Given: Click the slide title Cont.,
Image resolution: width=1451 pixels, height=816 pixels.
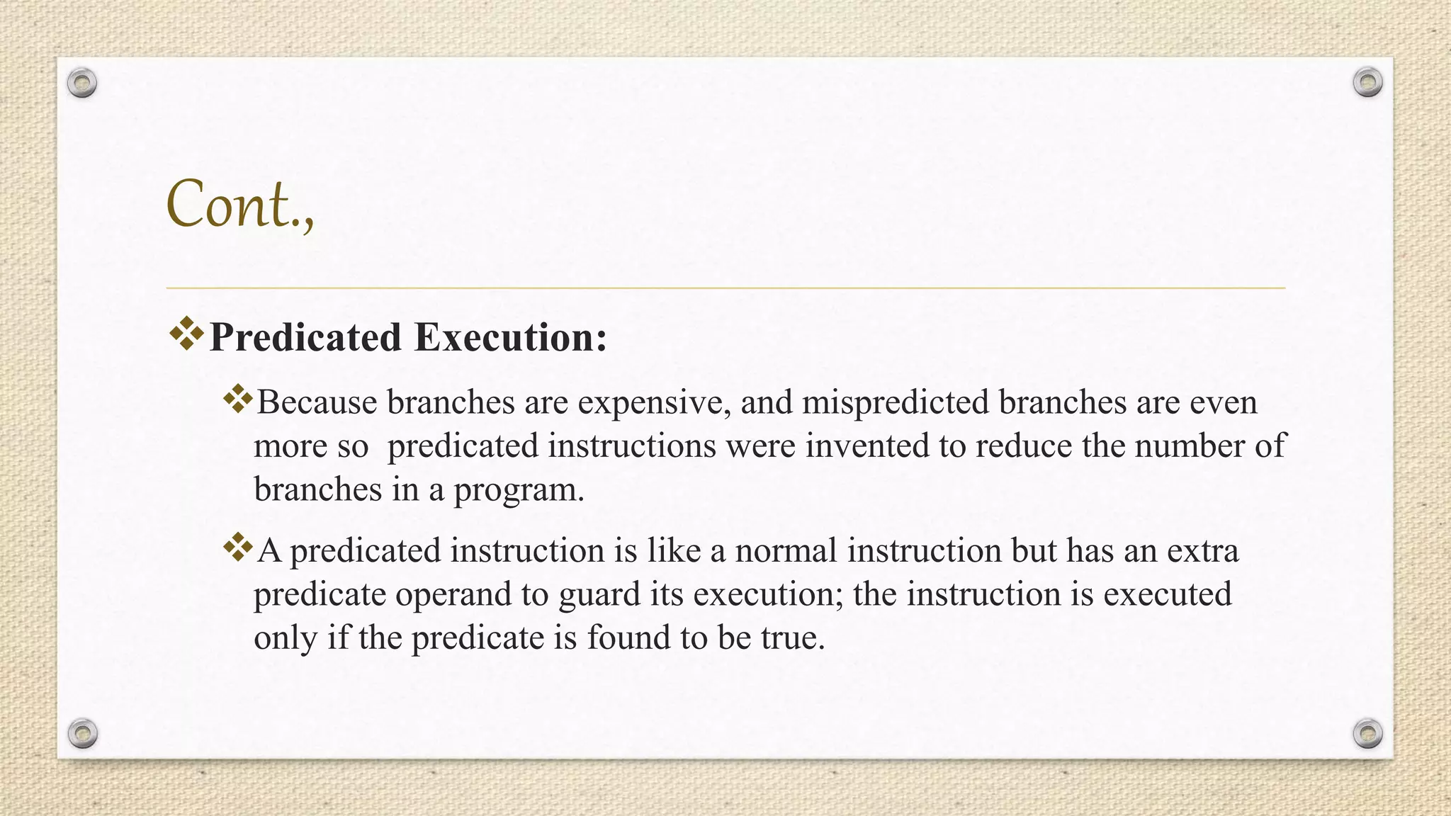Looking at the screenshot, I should [239, 205].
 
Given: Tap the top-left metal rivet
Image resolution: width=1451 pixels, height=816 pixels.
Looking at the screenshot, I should [82, 84].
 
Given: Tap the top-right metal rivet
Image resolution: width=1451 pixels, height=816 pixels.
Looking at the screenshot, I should [1367, 83].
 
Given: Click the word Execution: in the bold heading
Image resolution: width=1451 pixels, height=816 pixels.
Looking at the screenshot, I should [511, 337].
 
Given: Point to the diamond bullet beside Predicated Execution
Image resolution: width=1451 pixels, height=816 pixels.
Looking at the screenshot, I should [186, 334].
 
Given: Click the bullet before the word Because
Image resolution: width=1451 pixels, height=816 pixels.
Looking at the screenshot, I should [238, 399].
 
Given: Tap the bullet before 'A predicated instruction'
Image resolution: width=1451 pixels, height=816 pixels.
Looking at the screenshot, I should [238, 548].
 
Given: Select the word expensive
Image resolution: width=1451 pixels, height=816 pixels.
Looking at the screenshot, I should [654, 403].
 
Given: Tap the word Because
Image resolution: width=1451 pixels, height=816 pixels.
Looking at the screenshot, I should [317, 403].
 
